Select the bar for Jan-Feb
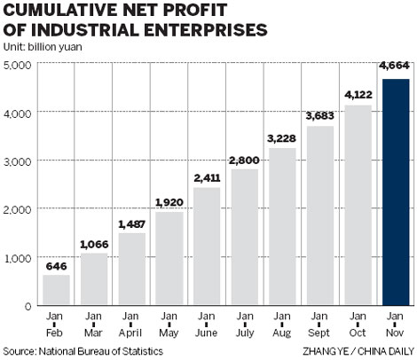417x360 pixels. (55, 289)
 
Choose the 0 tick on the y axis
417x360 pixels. (28, 306)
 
